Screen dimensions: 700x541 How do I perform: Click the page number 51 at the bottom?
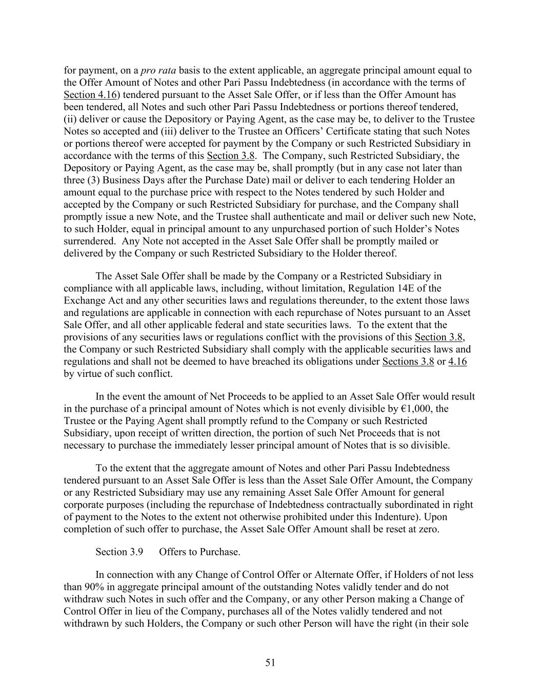point(270,663)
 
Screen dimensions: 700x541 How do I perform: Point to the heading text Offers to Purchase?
point(199,552)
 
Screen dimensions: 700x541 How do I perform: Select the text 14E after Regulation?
point(413,288)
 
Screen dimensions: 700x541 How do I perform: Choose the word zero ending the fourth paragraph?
point(428,529)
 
